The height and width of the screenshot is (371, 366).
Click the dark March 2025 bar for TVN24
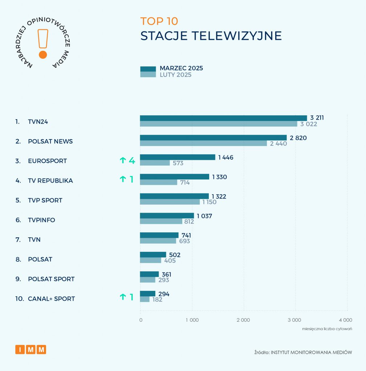pyautogui.click(x=223, y=118)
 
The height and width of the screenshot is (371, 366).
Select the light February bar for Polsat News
pyautogui.click(x=203, y=143)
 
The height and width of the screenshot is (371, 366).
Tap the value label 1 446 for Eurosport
pyautogui.click(x=225, y=157)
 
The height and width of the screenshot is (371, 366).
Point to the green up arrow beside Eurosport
pyautogui.click(x=122, y=161)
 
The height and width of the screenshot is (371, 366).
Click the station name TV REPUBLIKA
pyautogui.click(x=50, y=180)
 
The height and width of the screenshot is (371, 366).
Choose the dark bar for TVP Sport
pyautogui.click(x=174, y=196)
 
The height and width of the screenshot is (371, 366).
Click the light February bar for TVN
pyautogui.click(x=158, y=241)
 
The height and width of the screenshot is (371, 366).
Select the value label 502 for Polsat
pyautogui.click(x=175, y=255)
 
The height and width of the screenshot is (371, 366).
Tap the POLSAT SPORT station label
pyautogui.click(x=51, y=279)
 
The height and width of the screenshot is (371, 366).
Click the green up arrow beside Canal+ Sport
pyautogui.click(x=122, y=297)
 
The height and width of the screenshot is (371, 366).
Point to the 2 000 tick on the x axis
pyautogui.click(x=243, y=320)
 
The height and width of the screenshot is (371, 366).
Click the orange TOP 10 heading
pyautogui.click(x=159, y=21)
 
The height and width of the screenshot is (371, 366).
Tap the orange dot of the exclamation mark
pyautogui.click(x=43, y=55)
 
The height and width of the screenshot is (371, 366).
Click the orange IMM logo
pyautogui.click(x=30, y=350)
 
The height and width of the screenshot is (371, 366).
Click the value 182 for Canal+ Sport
pyautogui.click(x=157, y=300)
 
